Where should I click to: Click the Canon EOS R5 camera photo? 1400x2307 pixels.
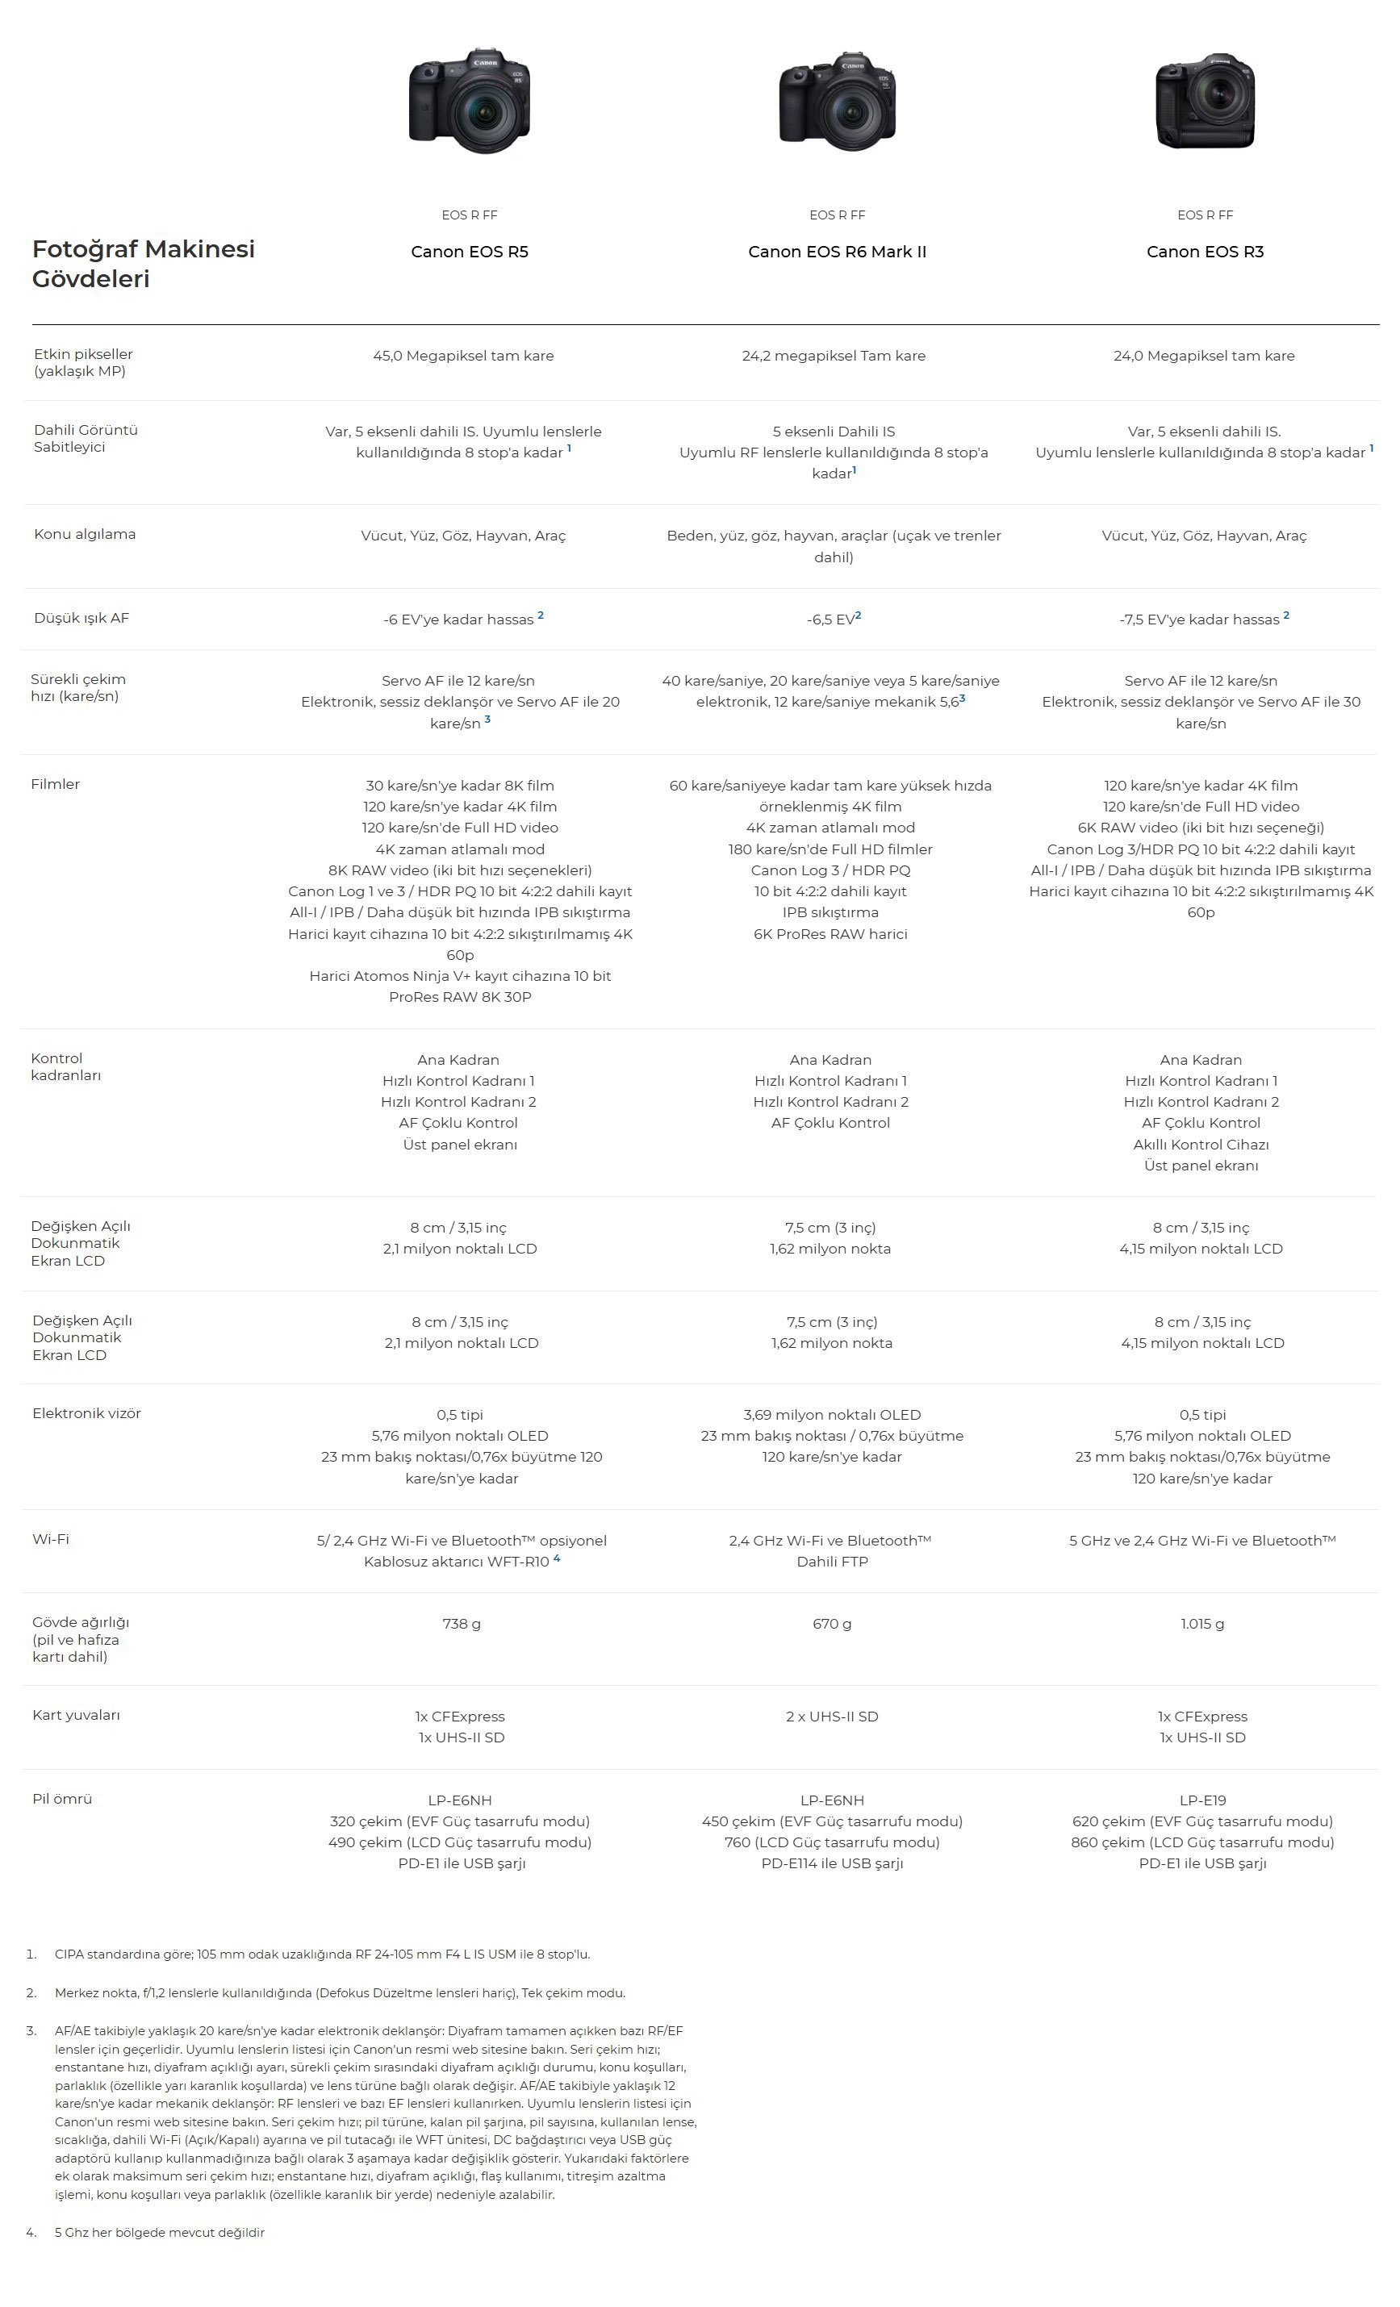pyautogui.click(x=469, y=100)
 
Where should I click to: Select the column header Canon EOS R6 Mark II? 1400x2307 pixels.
pyautogui.click(x=838, y=251)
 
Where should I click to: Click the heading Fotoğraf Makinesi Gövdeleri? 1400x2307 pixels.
pyautogui.click(x=144, y=263)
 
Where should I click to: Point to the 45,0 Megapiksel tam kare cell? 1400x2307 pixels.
pyautogui.click(x=463, y=356)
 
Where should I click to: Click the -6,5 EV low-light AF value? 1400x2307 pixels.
pyautogui.click(x=834, y=619)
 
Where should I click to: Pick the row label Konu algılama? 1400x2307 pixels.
pyautogui.click(x=84, y=534)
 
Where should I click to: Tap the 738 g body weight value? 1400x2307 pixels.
pyautogui.click(x=462, y=1624)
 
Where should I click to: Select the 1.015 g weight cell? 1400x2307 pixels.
pyautogui.click(x=1201, y=1624)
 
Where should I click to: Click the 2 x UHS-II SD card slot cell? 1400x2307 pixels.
pyautogui.click(x=832, y=1717)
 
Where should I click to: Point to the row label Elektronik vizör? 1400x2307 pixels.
pyautogui.click(x=86, y=1413)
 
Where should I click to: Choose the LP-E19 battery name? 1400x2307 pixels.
pyautogui.click(x=1202, y=1800)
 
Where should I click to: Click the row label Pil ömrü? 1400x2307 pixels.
pyautogui.click(x=62, y=1799)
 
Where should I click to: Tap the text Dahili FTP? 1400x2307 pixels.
pyautogui.click(x=832, y=1561)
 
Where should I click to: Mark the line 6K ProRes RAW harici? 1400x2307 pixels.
pyautogui.click(x=830, y=933)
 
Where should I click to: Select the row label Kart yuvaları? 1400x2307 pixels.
pyautogui.click(x=76, y=1715)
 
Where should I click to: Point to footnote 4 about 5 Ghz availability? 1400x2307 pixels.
pyautogui.click(x=159, y=2232)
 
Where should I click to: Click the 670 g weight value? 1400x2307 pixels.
pyautogui.click(x=832, y=1624)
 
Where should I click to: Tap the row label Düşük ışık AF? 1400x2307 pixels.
pyautogui.click(x=81, y=618)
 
